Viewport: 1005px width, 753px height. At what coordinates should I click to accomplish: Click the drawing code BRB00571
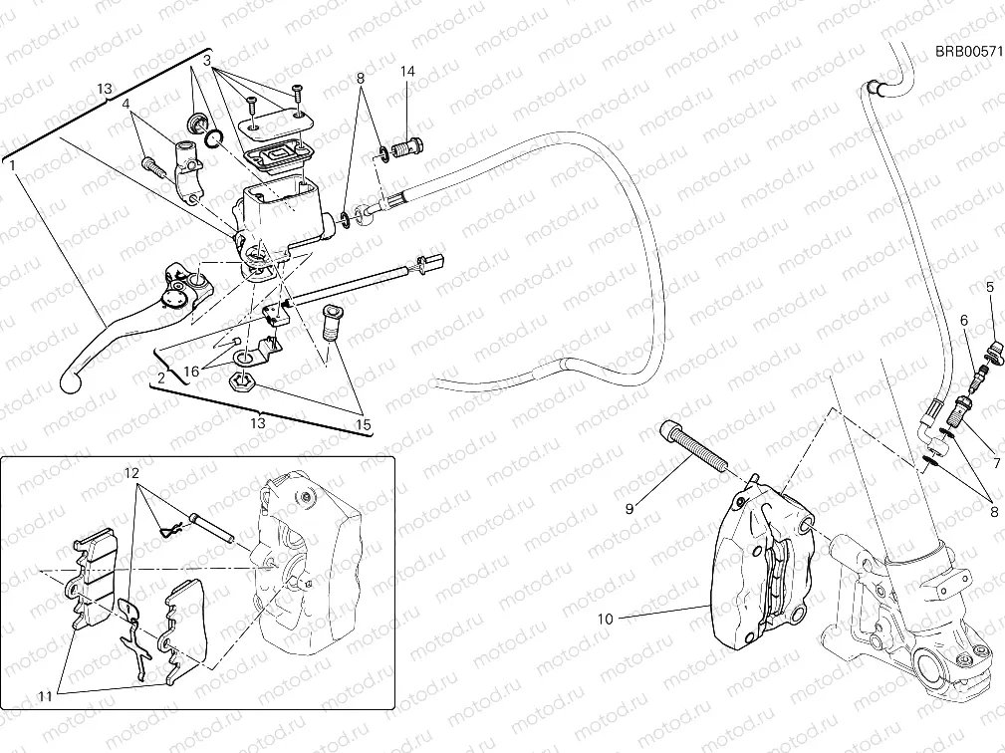pos(967,52)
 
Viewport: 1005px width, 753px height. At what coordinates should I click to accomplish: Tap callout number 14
pos(408,72)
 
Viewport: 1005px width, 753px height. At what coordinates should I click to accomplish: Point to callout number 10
pos(605,619)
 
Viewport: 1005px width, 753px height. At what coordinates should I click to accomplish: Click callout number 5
pos(990,288)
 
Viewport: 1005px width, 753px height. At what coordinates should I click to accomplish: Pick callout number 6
pos(964,320)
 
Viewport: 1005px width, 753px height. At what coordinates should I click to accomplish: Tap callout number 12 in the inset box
pos(130,471)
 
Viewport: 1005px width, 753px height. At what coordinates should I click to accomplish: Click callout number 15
pos(364,425)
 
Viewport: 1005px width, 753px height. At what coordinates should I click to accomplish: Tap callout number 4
pos(127,103)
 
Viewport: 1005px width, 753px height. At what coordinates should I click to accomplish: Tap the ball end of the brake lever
pos(69,378)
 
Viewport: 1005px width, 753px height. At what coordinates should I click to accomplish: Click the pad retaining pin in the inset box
pos(214,529)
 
